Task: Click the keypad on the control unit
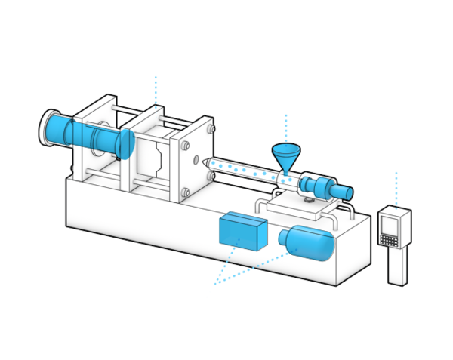pyautogui.click(x=390, y=238)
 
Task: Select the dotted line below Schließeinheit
pyautogui.click(x=156, y=89)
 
